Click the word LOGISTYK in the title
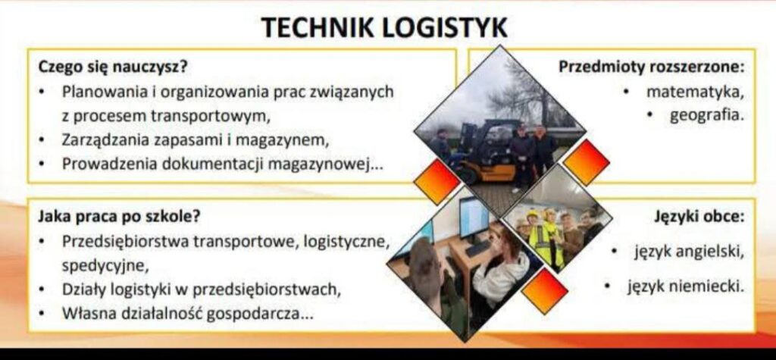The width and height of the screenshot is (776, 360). [x=445, y=27]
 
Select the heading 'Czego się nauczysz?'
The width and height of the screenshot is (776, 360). [x=113, y=67]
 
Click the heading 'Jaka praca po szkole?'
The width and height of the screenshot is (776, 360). [x=120, y=217]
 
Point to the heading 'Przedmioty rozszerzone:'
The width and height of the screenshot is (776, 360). [x=652, y=67]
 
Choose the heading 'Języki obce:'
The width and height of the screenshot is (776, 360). [x=699, y=217]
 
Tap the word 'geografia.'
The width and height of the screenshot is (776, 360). [x=707, y=115]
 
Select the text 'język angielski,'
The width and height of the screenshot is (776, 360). [x=690, y=252]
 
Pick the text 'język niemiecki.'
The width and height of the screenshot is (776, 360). [x=686, y=286]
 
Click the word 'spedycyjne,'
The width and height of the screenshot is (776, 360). [x=105, y=266]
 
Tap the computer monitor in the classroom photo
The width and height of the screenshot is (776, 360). [x=474, y=218]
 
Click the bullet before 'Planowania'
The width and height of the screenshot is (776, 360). [x=43, y=92]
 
